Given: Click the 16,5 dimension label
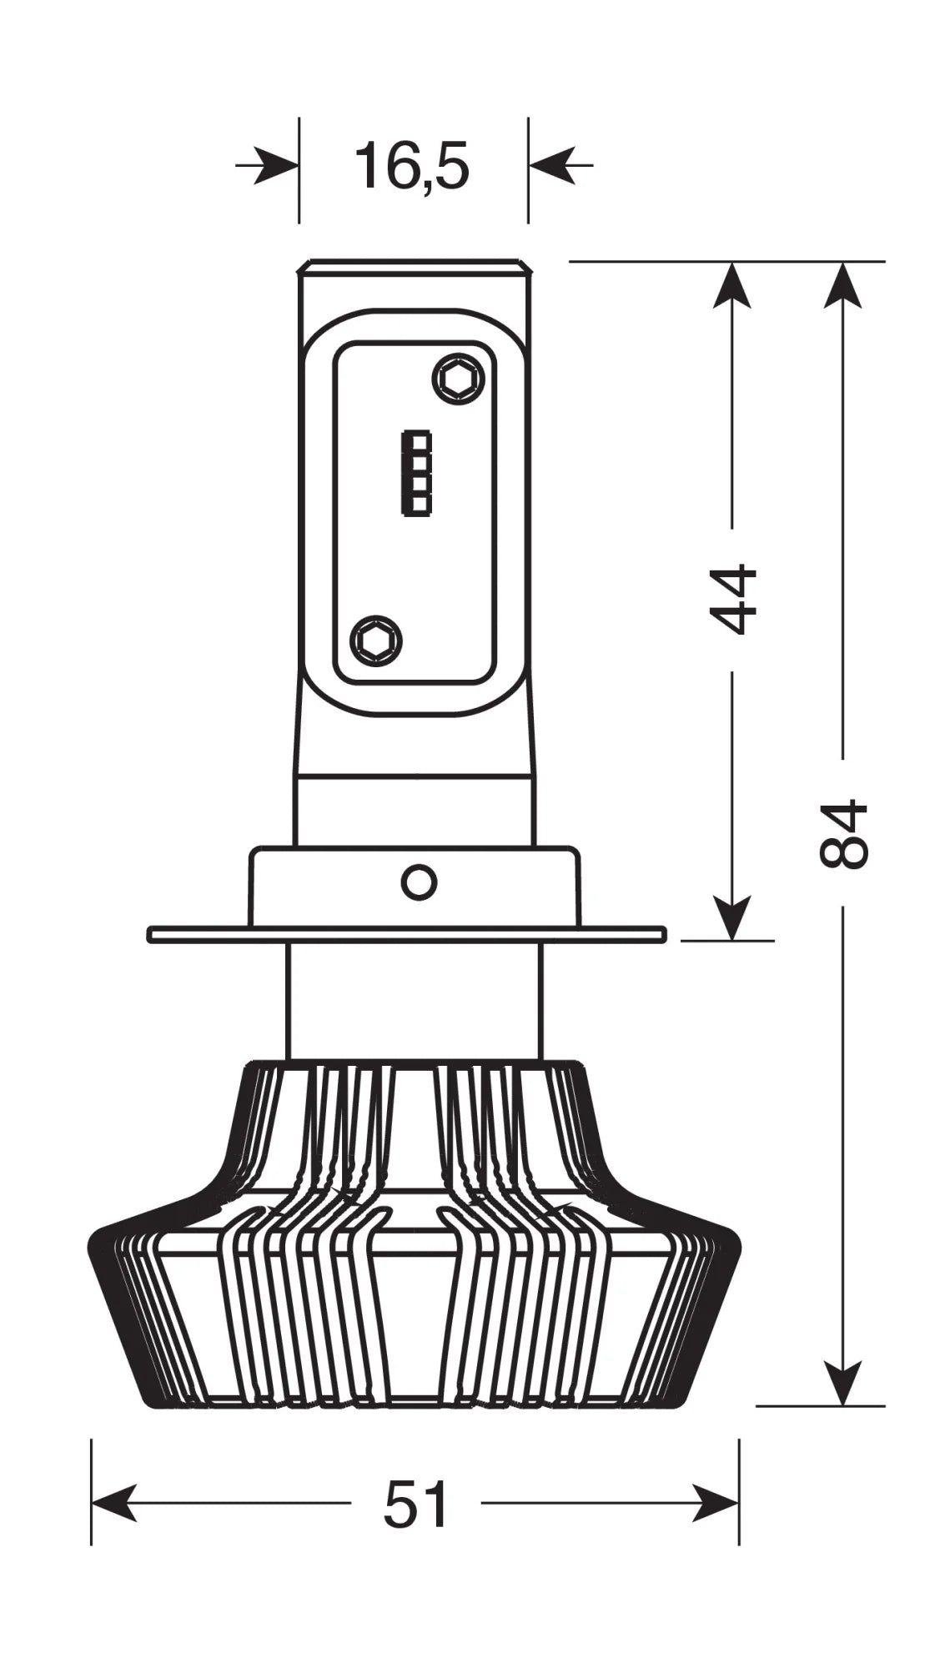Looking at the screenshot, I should click(x=412, y=166).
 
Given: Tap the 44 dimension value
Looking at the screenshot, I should click(x=732, y=600).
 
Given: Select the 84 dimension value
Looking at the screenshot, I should click(x=843, y=834).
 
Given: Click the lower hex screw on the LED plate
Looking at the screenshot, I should click(x=376, y=641).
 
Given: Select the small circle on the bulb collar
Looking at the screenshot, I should click(x=418, y=882).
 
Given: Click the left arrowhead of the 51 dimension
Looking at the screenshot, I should click(x=113, y=1504).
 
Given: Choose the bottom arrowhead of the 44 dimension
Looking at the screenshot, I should click(x=732, y=917).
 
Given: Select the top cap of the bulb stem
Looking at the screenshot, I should click(x=415, y=268).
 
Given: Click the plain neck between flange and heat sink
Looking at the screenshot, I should click(x=415, y=1001).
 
